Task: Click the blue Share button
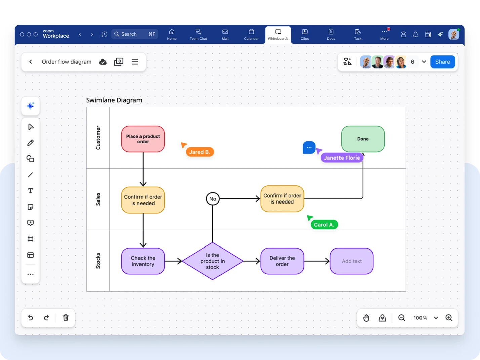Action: click(442, 62)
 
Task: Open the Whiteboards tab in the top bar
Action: click(278, 34)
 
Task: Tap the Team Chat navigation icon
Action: click(198, 34)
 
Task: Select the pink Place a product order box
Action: click(143, 139)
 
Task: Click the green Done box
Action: click(363, 139)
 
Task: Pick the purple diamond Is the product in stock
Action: click(212, 261)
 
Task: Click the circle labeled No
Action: click(213, 199)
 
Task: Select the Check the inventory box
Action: click(143, 261)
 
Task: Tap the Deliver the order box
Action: click(282, 261)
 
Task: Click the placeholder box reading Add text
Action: click(352, 261)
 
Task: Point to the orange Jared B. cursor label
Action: click(200, 152)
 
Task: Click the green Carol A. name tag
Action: click(324, 225)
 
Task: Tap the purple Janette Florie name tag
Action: click(342, 157)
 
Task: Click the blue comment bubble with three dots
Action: click(309, 147)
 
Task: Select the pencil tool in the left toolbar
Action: click(30, 143)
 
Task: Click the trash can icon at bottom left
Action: click(66, 318)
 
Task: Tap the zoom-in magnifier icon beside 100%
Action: click(449, 318)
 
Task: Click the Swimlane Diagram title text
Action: click(114, 100)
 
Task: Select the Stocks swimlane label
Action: click(98, 261)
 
